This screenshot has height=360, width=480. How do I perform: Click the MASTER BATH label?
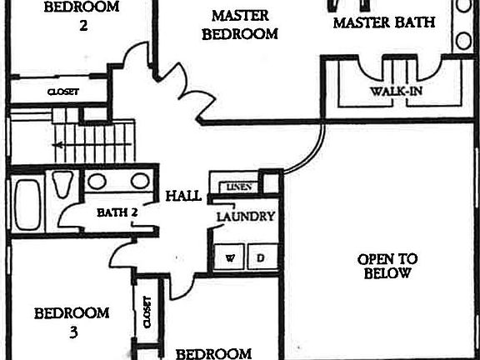(384, 22)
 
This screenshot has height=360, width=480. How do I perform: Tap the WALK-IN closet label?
(396, 91)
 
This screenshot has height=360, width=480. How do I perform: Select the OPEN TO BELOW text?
(387, 266)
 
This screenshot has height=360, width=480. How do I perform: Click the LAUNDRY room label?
(246, 217)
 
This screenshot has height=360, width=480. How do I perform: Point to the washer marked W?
(229, 257)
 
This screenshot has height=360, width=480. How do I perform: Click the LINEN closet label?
(239, 187)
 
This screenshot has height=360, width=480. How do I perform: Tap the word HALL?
(183, 196)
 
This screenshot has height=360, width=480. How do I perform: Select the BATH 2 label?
(117, 212)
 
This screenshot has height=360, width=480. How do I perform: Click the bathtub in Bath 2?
(27, 204)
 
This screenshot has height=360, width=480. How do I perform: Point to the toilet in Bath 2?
(62, 184)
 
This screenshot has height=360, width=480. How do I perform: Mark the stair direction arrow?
(92, 144)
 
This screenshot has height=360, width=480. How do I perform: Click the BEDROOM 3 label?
(72, 322)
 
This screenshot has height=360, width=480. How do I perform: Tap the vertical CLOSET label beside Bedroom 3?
(147, 312)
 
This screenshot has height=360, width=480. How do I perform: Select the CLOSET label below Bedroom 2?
(63, 92)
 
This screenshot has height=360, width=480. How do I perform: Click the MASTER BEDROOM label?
(240, 25)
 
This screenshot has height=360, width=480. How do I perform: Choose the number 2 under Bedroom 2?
(83, 25)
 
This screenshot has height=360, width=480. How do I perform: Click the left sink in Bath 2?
(97, 181)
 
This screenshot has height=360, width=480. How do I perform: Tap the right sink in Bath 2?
(140, 181)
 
